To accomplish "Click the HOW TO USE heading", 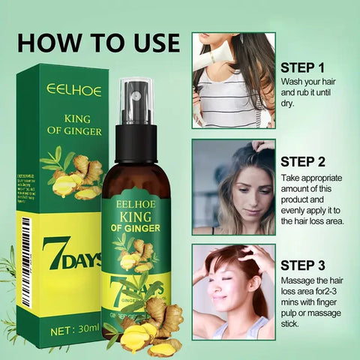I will (98, 42).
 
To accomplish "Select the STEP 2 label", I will (301, 160).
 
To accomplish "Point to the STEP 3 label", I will (301, 265).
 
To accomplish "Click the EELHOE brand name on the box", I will (73, 89).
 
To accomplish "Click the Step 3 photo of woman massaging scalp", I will (232, 292).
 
